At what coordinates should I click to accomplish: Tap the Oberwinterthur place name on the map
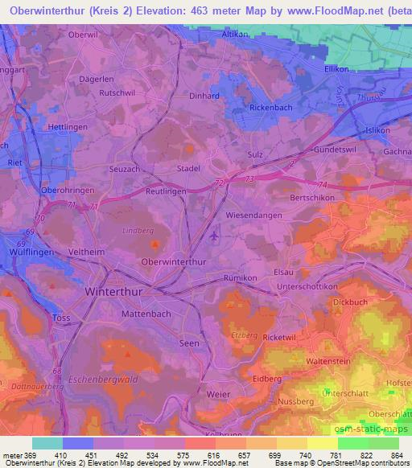[x=174, y=262]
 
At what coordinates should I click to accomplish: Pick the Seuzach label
[x=125, y=169]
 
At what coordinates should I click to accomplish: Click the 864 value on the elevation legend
[x=394, y=454]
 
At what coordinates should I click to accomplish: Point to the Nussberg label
[x=295, y=396]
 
